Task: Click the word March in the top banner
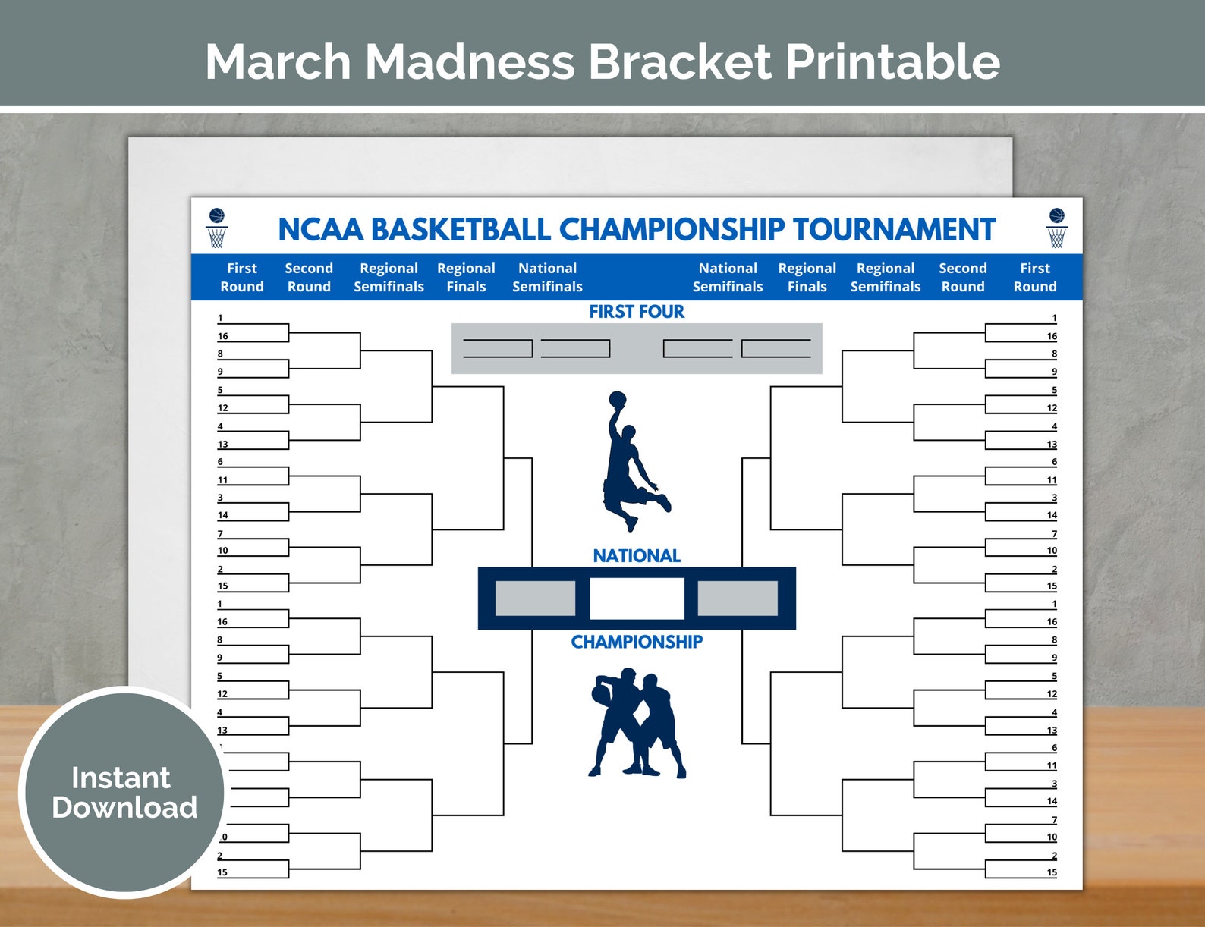tap(277, 61)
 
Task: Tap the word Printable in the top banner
tap(892, 61)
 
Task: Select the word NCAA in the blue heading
tap(319, 230)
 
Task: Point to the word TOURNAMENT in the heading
tap(893, 230)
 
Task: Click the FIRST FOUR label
tap(637, 312)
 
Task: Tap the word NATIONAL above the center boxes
tap(637, 556)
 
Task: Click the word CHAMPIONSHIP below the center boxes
tap(637, 642)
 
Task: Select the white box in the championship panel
tap(637, 599)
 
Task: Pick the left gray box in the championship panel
tap(535, 599)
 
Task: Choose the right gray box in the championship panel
tap(738, 599)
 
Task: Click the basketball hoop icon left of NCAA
tap(217, 228)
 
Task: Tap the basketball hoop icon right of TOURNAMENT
tap(1056, 228)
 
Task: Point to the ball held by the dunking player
tap(617, 399)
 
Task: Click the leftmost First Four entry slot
tap(498, 348)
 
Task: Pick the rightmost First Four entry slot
tap(776, 348)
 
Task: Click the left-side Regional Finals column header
tap(466, 278)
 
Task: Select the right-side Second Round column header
tap(962, 278)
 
